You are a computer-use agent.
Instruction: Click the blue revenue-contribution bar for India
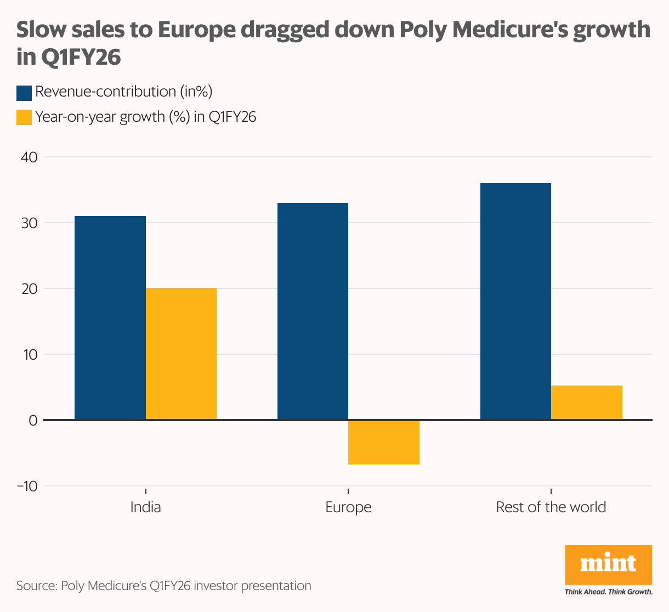[110, 318]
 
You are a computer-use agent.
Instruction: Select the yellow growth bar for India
[181, 354]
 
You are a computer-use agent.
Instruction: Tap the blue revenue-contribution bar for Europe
[313, 311]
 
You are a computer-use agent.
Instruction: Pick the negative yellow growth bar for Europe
[384, 443]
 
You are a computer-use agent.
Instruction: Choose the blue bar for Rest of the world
[515, 302]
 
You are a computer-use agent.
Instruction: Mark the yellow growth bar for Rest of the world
[587, 403]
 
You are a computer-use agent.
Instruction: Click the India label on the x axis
[145, 507]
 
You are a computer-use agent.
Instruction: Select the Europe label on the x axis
[348, 507]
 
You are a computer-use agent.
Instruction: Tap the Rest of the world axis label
[551, 507]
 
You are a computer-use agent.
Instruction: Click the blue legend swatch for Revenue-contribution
[24, 93]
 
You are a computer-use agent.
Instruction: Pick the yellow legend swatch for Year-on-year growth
[24, 117]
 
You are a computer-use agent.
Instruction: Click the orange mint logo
[608, 565]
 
